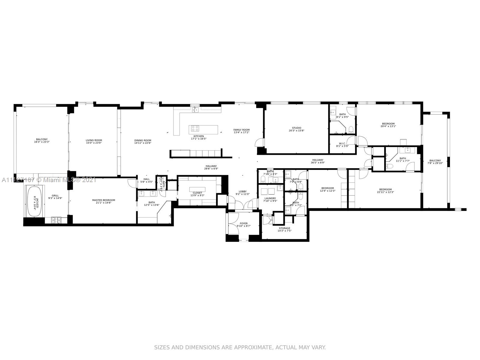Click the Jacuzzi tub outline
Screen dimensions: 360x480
pyautogui.click(x=34, y=202)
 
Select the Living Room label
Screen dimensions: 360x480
pyautogui.click(x=94, y=140)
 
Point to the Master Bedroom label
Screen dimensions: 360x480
pyautogui.click(x=103, y=200)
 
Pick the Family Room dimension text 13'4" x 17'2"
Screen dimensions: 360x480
pyautogui.click(x=241, y=132)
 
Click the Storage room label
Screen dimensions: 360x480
pyautogui.click(x=284, y=228)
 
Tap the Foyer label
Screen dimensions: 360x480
pyautogui.click(x=244, y=223)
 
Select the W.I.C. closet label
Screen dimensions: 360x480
pyautogui.click(x=343, y=143)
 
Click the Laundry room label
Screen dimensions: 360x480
pyautogui.click(x=270, y=198)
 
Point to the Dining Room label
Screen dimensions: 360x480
pyautogui.click(x=143, y=140)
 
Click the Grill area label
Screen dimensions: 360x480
pyautogui.click(x=55, y=196)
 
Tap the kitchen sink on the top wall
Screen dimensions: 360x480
pyautogui.click(x=195, y=109)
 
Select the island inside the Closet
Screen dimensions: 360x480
pyautogui.click(x=197, y=190)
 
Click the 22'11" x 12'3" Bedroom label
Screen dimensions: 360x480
pyautogui.click(x=385, y=190)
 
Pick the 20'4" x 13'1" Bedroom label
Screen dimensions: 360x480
pyautogui.click(x=388, y=124)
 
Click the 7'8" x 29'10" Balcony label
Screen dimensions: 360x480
pyautogui.click(x=435, y=160)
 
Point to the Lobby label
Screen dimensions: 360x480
pyautogui.click(x=242, y=191)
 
